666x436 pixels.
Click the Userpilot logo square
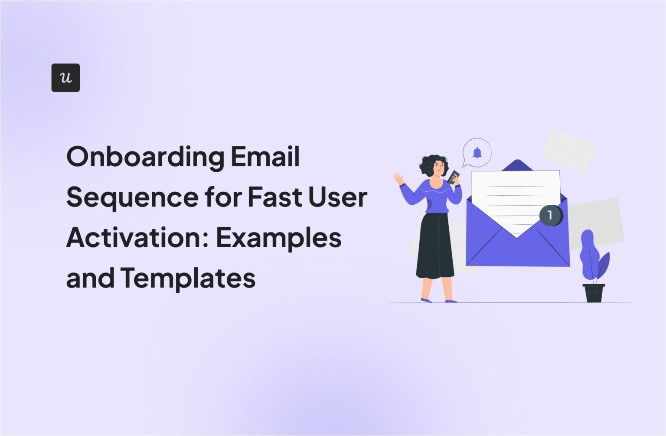pos(65,78)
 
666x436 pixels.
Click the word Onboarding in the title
pos(145,157)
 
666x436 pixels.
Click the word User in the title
pos(338,197)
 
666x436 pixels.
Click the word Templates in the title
pos(188,278)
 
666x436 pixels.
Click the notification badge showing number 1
pos(550,215)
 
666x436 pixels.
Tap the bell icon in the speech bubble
pos(477,153)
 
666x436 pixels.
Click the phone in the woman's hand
pos(454,177)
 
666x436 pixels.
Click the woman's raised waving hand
pos(398,178)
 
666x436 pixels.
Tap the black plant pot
pos(593,293)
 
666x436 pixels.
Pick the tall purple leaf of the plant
pos(588,254)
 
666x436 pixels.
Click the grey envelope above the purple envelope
pos(568,150)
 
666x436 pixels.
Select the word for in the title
pos(223,197)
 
